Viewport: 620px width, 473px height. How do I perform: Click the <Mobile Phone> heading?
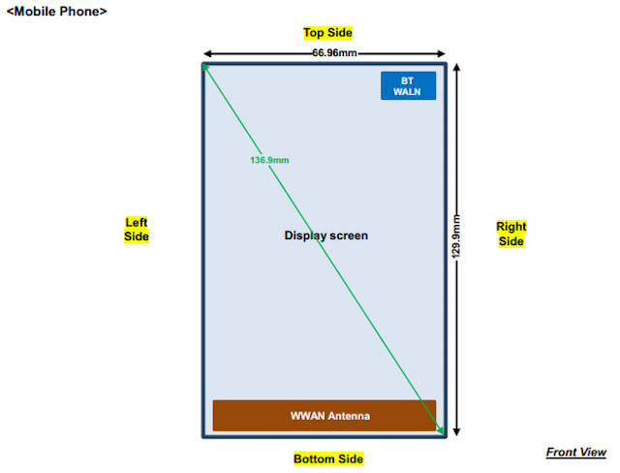click(56, 12)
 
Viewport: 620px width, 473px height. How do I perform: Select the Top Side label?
click(327, 33)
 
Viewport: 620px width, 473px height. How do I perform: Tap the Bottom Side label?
click(327, 458)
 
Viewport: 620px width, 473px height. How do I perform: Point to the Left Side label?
click(137, 229)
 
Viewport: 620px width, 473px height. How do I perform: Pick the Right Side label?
click(511, 234)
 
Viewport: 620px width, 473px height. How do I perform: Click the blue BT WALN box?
click(408, 85)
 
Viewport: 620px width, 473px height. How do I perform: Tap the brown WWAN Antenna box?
click(325, 416)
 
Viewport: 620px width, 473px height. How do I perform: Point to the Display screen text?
click(325, 236)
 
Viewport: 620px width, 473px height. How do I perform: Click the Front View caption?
click(575, 453)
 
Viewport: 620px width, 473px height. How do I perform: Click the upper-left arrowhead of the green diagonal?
click(206, 68)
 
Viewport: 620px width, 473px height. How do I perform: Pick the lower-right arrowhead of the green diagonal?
click(441, 431)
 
